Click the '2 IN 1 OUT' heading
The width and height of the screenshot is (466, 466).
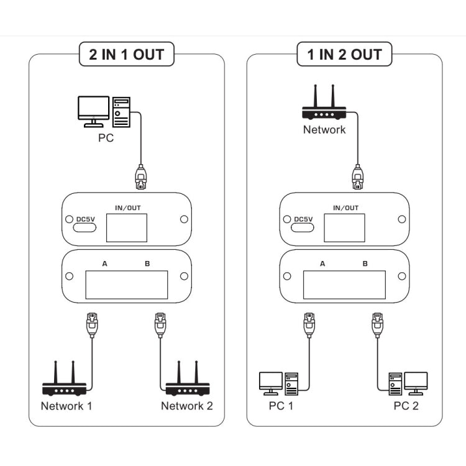126,54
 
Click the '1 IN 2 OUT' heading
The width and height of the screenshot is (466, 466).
344,54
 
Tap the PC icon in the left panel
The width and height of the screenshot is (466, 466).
104,112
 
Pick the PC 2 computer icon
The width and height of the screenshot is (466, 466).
408,383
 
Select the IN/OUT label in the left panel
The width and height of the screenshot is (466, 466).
127,208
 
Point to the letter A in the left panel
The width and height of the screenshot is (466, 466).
105,264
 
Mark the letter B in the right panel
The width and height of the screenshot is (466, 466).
365,264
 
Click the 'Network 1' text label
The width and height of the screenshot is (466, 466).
66,406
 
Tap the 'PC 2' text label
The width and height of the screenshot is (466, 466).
406,406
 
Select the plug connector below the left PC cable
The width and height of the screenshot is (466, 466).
141,176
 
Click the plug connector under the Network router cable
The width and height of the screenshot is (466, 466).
357,176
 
